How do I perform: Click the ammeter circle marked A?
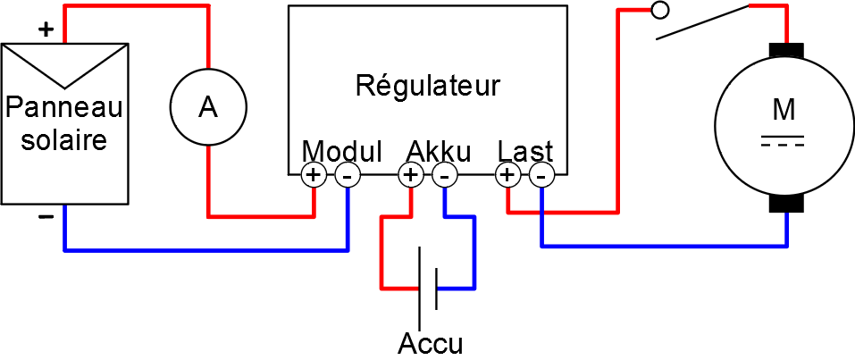coord(208,107)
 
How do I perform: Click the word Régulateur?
coord(427,87)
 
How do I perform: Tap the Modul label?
coord(342,150)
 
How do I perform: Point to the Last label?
coord(525,150)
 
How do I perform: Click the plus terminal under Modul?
coord(314,175)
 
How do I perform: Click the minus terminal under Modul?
coord(348,175)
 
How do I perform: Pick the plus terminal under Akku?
coord(411,175)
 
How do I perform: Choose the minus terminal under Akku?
coord(444,175)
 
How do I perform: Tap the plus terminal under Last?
coord(507,175)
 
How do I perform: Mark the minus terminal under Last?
coord(541,175)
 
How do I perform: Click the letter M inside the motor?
coord(784,110)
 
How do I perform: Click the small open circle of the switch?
coord(660,11)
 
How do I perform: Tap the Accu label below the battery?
coord(431,343)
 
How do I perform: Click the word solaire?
coord(63,140)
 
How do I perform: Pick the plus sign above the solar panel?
coord(46,29)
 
